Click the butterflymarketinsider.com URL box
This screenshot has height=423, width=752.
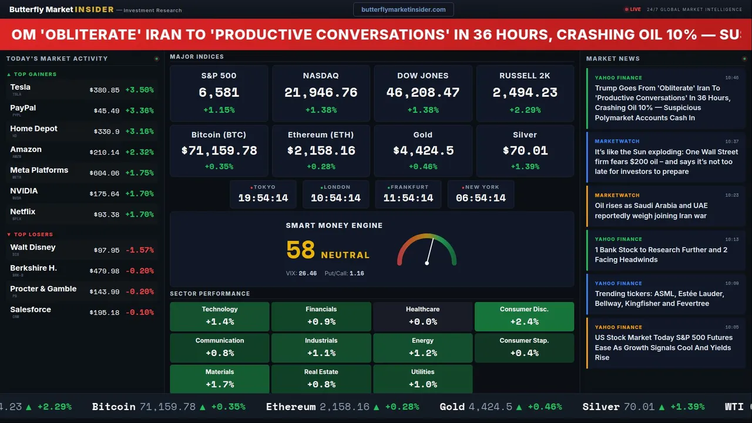(403, 9)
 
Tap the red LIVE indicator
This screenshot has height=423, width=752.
(633, 9)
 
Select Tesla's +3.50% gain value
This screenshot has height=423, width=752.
(139, 90)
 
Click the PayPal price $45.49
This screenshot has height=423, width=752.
(106, 111)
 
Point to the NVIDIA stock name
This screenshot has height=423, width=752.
(24, 191)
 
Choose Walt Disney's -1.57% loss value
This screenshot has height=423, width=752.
(139, 250)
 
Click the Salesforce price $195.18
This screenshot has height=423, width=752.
(105, 313)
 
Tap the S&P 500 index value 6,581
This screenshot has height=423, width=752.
(219, 92)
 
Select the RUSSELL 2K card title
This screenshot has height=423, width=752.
(525, 76)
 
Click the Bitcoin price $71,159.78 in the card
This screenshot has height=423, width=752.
(219, 151)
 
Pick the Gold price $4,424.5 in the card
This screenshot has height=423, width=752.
(423, 151)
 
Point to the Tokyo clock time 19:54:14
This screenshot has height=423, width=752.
(263, 198)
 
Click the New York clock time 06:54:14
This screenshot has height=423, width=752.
(481, 198)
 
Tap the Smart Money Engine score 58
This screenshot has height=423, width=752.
(301, 250)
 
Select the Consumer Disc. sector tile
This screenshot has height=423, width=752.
(524, 316)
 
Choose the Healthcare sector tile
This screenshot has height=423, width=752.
(422, 316)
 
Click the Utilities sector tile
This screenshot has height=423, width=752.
(422, 379)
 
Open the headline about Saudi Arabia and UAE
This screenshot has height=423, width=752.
(651, 210)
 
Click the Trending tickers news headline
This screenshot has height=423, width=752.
(659, 298)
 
